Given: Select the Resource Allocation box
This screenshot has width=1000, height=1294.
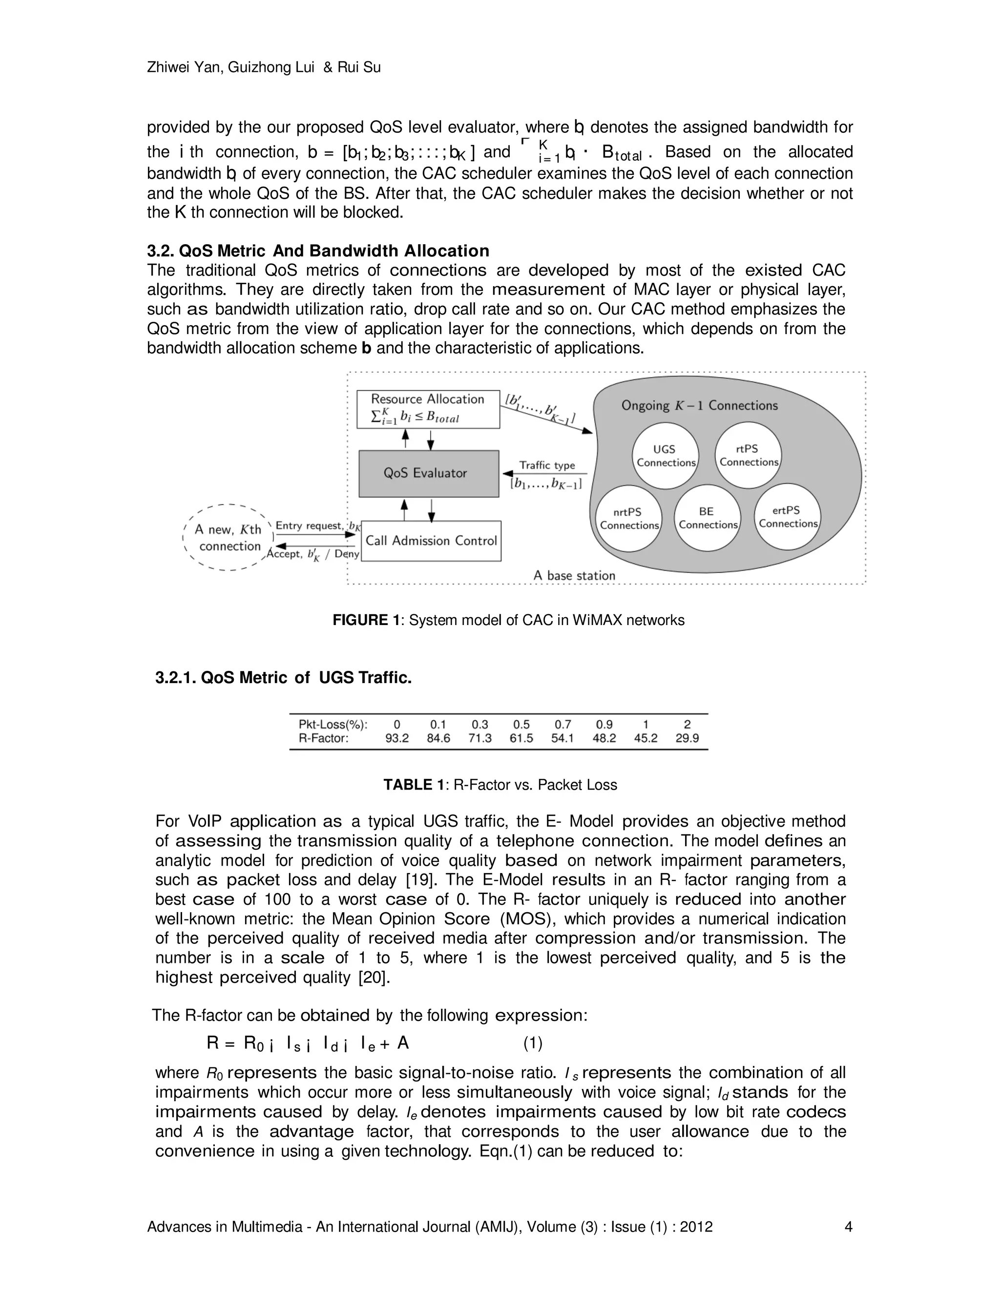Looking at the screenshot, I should tap(428, 409).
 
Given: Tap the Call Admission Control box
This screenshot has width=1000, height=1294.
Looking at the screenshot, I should tap(431, 541).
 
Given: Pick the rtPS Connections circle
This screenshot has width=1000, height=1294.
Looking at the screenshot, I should tap(748, 456).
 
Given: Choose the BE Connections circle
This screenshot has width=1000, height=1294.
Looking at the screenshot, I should tap(708, 518).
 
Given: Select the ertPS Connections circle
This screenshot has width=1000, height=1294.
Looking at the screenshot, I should tap(787, 517).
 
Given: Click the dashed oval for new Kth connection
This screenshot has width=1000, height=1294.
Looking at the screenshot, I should tap(228, 538).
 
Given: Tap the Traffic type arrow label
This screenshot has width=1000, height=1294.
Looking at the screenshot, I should tap(547, 465).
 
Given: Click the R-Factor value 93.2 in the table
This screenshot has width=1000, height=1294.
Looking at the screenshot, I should tap(397, 738).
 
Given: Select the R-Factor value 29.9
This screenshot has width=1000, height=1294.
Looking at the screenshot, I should tap(687, 738).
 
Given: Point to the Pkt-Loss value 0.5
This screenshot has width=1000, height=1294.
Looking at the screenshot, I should tap(521, 724).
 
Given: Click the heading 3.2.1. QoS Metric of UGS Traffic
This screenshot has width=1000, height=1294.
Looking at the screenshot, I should tap(283, 678).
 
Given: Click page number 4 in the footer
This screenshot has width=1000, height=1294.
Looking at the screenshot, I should tap(848, 1227).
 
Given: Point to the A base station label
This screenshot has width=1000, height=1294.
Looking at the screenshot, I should tap(574, 575).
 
